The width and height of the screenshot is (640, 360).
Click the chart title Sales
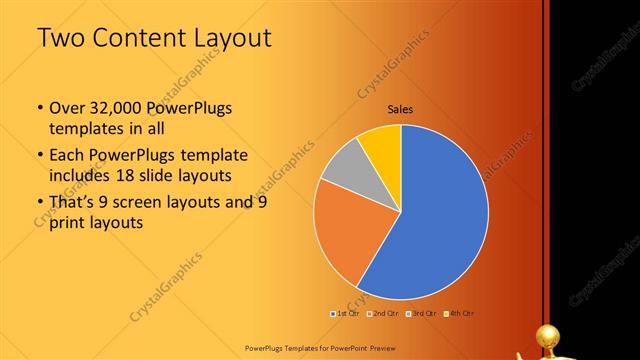(x=401, y=110)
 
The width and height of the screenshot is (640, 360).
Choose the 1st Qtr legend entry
(x=346, y=313)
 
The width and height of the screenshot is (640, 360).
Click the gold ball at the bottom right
(x=549, y=334)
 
